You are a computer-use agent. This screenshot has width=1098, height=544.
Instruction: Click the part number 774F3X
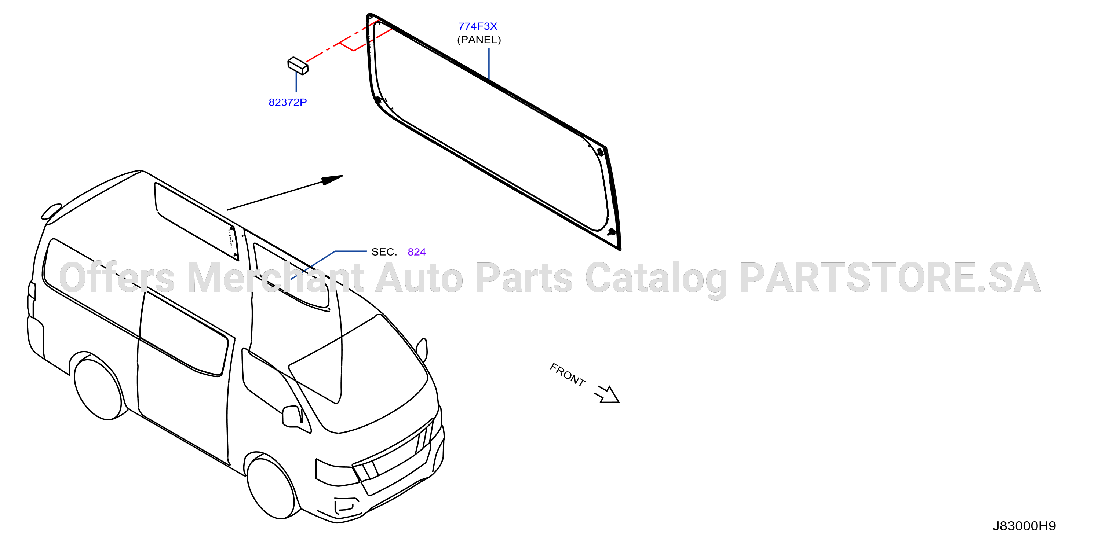tap(477, 26)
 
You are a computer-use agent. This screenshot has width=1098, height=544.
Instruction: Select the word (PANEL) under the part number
tap(479, 40)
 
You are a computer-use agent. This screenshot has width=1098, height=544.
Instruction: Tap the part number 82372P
tap(288, 102)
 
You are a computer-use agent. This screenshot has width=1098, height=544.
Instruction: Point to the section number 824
tap(416, 252)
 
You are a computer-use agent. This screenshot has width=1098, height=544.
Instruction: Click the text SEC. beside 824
tap(384, 252)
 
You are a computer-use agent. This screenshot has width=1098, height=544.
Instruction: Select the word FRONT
tap(567, 374)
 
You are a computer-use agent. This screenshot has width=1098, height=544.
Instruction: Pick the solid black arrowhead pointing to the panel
tap(332, 180)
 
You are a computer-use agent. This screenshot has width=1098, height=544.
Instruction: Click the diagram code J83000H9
tap(1024, 526)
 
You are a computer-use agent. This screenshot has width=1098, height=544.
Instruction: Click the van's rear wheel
tap(98, 389)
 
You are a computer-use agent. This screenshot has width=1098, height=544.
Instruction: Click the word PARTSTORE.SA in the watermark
tap(890, 278)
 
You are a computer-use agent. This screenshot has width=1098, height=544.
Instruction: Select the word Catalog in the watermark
tap(656, 279)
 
